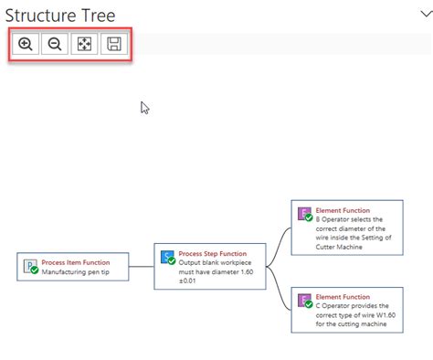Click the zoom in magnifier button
25,45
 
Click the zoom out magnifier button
54,45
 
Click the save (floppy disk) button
115,45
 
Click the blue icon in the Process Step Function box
167,259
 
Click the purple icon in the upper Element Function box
304,216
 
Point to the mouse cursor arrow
143,106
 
